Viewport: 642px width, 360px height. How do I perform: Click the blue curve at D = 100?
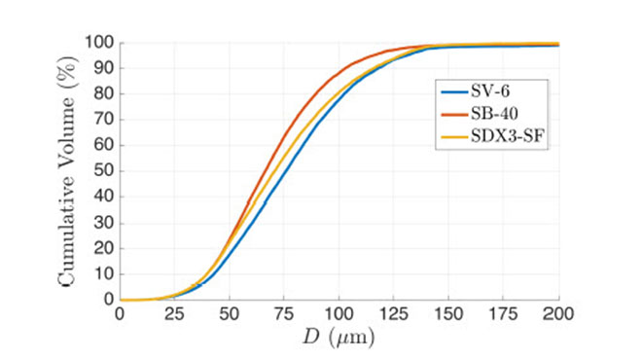click(x=339, y=102)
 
